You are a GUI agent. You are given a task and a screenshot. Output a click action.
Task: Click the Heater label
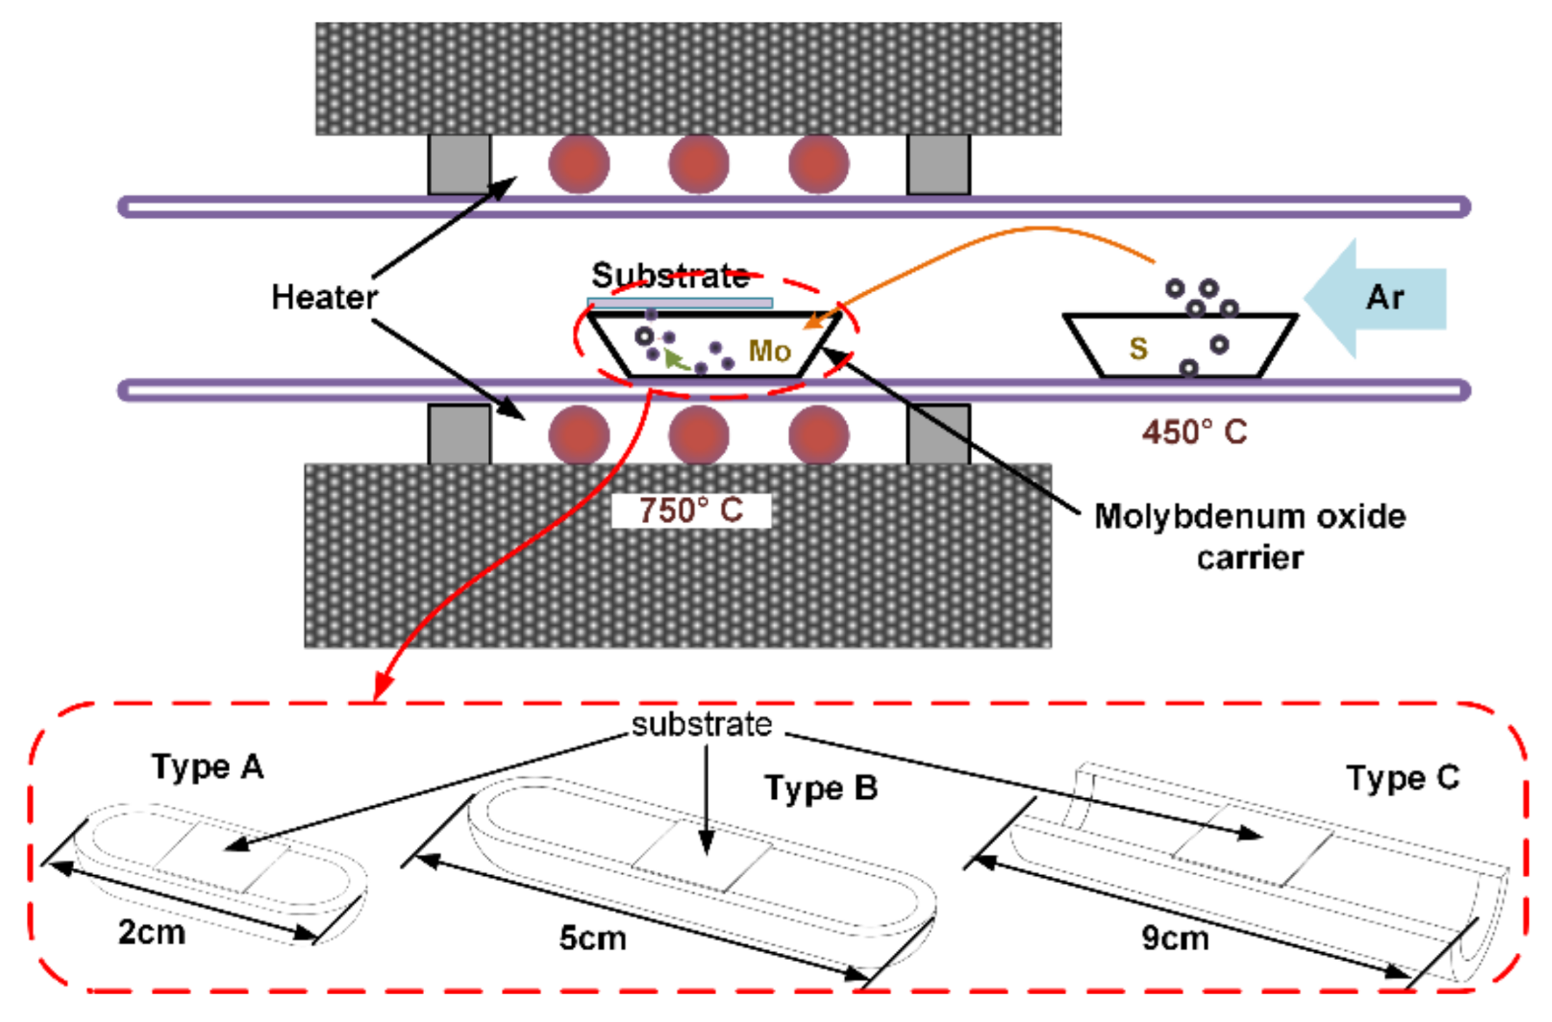(324, 297)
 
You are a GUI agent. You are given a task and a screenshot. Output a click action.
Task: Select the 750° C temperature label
(690, 510)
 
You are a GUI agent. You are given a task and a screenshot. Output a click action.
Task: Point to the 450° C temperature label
(1194, 432)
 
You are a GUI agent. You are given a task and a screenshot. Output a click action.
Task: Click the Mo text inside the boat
(770, 351)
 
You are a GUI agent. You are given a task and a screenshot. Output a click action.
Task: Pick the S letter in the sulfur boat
(1138, 349)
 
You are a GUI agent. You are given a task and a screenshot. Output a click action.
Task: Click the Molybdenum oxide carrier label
(1250, 537)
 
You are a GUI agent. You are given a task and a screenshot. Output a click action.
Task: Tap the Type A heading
(207, 768)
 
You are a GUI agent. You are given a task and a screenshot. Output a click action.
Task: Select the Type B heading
(821, 788)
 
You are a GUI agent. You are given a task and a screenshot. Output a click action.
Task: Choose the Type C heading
(1402, 778)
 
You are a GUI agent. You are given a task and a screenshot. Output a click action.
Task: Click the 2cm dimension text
(152, 932)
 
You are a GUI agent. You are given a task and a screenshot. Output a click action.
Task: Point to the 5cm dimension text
(593, 938)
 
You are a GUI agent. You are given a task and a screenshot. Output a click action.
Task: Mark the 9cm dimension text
(1175, 938)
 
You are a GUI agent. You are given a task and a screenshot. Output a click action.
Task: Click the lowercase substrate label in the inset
(702, 725)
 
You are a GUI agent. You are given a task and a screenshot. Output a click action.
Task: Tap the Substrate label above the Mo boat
(670, 276)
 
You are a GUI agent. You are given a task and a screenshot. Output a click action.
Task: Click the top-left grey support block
(459, 165)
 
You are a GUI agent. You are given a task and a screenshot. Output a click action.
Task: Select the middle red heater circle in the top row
(698, 165)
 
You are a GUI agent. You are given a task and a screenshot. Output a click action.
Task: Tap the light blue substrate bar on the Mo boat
(679, 303)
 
